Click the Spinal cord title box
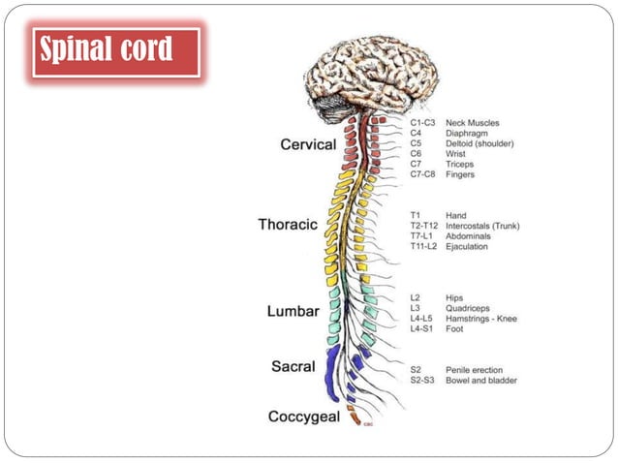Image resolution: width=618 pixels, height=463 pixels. pyautogui.click(x=115, y=51)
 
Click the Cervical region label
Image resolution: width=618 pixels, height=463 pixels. pyautogui.click(x=308, y=144)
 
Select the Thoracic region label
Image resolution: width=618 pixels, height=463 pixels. pyautogui.click(x=288, y=225)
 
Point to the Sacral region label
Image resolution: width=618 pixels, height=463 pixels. pyautogui.click(x=294, y=367)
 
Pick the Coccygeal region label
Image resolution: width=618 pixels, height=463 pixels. pyautogui.click(x=304, y=417)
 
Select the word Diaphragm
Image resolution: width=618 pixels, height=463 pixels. pyautogui.click(x=468, y=134)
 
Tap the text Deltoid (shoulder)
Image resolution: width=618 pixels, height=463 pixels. pyautogui.click(x=479, y=143)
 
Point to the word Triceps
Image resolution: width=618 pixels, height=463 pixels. pyautogui.click(x=461, y=165)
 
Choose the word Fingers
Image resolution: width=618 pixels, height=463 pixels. pyautogui.click(x=461, y=175)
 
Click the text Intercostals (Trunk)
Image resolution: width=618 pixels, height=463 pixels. pyautogui.click(x=482, y=226)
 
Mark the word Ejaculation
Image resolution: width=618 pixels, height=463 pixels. pyautogui.click(x=467, y=247)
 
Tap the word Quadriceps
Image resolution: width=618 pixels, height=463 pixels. pyautogui.click(x=469, y=308)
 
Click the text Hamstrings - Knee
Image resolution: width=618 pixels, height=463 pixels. pyautogui.click(x=481, y=319)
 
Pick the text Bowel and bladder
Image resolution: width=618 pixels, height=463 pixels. pyautogui.click(x=480, y=381)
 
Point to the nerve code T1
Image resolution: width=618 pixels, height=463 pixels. pyautogui.click(x=416, y=215)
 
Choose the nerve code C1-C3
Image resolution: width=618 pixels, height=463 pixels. pyautogui.click(x=422, y=123)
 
